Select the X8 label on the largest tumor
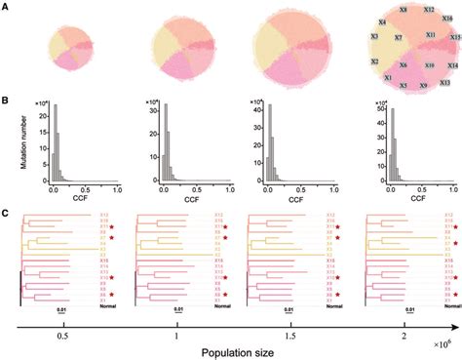(x=404, y=8)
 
